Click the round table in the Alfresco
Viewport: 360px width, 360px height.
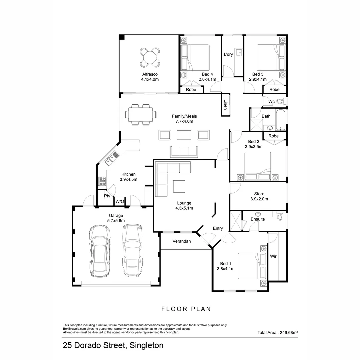pyautogui.click(x=150, y=58)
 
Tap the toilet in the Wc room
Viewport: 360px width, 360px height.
pyautogui.click(x=280, y=101)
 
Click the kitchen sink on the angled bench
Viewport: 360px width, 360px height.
pyautogui.click(x=109, y=162)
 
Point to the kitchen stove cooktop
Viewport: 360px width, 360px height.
pyautogui.click(x=102, y=181)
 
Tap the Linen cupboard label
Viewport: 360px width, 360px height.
pyautogui.click(x=226, y=105)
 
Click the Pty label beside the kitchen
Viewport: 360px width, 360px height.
pyautogui.click(x=107, y=196)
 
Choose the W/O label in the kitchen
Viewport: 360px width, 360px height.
pyautogui.click(x=120, y=201)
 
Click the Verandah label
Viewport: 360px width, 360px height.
pyautogui.click(x=182, y=241)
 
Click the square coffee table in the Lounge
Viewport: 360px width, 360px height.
pyautogui.click(x=179, y=186)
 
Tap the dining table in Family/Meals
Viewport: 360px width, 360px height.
pyautogui.click(x=139, y=114)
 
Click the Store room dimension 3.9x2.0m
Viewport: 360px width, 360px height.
pyautogui.click(x=259, y=199)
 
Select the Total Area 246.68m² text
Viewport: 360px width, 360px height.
pyautogui.click(x=277, y=332)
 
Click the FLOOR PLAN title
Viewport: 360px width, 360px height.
pyautogui.click(x=186, y=309)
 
